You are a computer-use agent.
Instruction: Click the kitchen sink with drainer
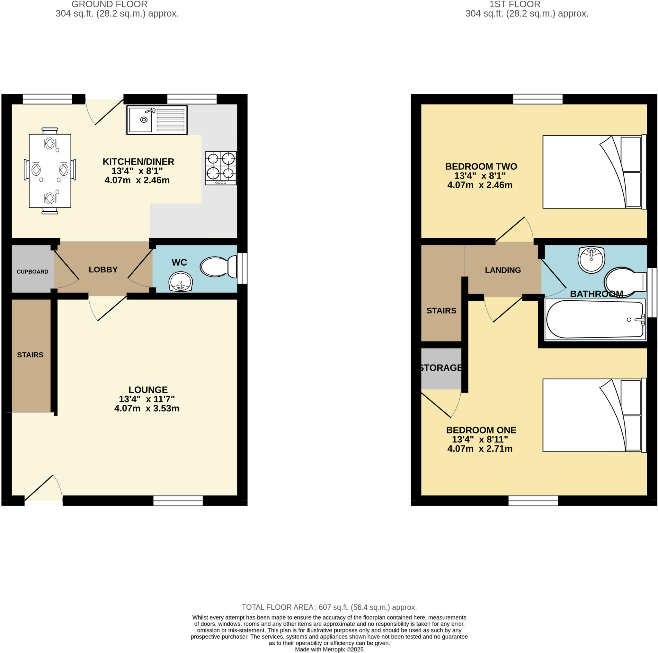(x=157, y=120)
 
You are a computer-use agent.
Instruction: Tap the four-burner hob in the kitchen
(x=221, y=168)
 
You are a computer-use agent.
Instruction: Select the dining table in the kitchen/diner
(x=50, y=171)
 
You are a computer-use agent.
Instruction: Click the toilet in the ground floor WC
(x=218, y=267)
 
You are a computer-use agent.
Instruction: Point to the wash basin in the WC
(x=181, y=282)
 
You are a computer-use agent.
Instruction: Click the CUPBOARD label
(x=32, y=272)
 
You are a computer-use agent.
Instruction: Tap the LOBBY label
(x=103, y=269)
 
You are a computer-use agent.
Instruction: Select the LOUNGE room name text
(x=148, y=390)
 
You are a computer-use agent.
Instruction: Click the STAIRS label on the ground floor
(x=30, y=355)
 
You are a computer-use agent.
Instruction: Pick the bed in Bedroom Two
(x=594, y=172)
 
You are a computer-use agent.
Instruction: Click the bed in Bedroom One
(x=594, y=415)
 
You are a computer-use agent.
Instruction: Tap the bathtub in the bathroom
(x=595, y=319)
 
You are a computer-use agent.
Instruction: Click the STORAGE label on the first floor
(x=441, y=368)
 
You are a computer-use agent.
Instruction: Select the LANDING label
(x=503, y=270)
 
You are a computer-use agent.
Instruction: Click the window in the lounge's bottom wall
(x=178, y=500)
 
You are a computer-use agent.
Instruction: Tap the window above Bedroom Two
(x=538, y=99)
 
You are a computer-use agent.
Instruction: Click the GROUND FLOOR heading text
(x=109, y=4)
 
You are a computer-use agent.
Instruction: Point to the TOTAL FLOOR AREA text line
(x=329, y=607)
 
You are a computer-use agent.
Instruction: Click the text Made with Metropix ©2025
(x=329, y=649)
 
